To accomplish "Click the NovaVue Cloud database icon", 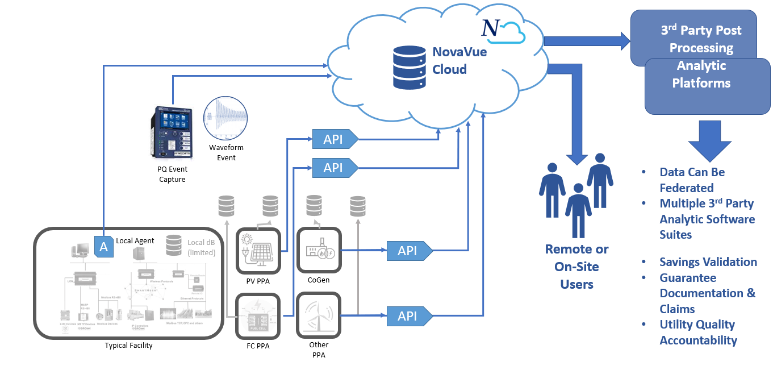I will tap(409, 67).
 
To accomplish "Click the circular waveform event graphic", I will tap(226, 118).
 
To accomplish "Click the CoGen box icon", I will tap(319, 250).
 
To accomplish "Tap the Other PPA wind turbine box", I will tap(319, 315).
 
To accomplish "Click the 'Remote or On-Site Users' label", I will tap(576, 267).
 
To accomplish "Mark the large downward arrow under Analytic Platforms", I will tap(709, 141).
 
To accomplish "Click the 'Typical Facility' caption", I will tap(128, 345).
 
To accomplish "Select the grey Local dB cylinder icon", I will tap(174, 246).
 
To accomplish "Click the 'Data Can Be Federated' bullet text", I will tap(692, 180).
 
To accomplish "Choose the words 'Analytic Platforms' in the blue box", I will tap(701, 74).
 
